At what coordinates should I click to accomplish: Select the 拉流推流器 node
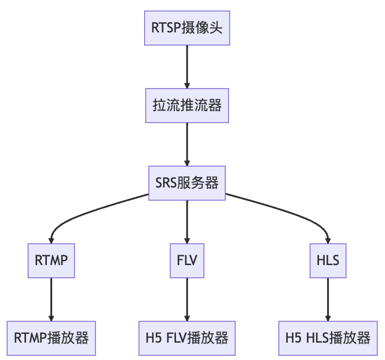click(x=187, y=105)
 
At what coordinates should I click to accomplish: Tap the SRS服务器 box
click(x=187, y=183)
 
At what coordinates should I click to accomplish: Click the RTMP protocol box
click(x=51, y=260)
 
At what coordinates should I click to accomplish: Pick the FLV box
click(x=187, y=260)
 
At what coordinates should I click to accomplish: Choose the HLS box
click(x=328, y=260)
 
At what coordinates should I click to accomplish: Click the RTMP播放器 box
click(x=51, y=338)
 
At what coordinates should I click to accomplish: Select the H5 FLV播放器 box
click(x=187, y=338)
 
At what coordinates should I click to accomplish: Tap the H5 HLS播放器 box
click(x=328, y=338)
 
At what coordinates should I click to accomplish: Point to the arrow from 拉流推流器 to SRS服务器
click(x=187, y=144)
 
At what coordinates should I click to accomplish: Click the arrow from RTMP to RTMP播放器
click(x=51, y=299)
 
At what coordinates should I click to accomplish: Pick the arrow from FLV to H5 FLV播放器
click(x=187, y=299)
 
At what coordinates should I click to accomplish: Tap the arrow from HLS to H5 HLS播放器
click(x=328, y=299)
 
